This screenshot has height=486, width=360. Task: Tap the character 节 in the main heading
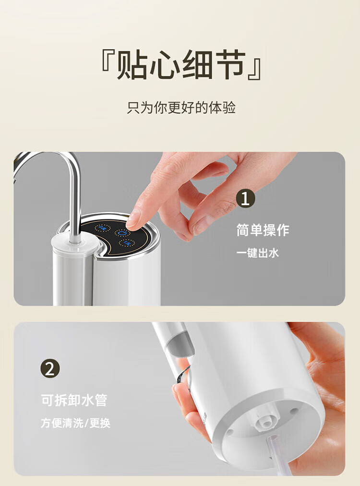coord(229,65)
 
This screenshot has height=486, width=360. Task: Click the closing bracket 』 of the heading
coord(254,68)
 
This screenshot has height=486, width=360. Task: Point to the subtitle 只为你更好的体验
coord(181,108)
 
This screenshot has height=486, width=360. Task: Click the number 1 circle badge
coord(245,198)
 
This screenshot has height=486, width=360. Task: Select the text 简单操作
coord(263,230)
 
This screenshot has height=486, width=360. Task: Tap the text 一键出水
coord(257,253)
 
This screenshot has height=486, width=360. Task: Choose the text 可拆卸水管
coord(74,400)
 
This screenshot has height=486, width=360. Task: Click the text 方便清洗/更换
coord(75,423)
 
